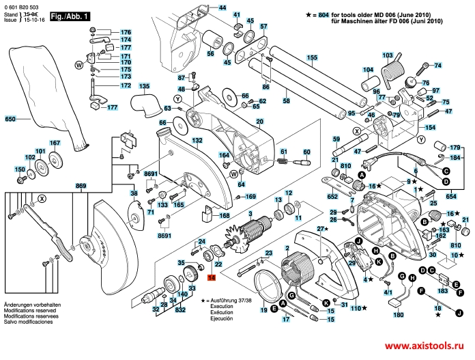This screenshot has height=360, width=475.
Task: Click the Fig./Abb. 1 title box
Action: point(71,16)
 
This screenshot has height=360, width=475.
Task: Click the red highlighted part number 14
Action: point(211,278)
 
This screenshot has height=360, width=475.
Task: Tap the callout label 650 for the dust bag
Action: point(10,120)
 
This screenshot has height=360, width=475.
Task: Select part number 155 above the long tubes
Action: point(311,58)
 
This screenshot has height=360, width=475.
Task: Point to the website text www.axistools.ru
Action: point(423,346)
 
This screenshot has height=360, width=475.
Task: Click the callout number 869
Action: point(81,186)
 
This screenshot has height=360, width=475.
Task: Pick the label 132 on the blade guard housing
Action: point(197,141)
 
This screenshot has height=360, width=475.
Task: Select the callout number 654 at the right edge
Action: point(451,196)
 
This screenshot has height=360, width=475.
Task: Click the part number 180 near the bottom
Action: point(399,316)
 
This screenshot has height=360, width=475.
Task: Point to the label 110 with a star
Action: point(355,308)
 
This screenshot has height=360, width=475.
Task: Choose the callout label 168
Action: point(224,216)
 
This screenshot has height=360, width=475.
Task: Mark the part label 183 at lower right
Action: point(444,291)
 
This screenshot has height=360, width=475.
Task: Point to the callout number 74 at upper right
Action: point(438,66)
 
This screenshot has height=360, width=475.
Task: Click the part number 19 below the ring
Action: point(263,311)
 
